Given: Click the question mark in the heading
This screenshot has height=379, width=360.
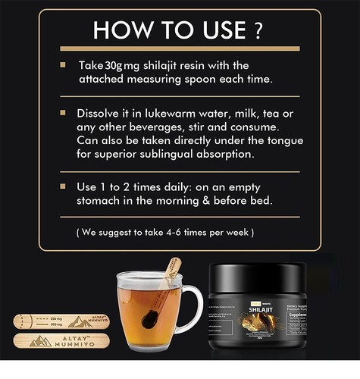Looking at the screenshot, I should (258, 30).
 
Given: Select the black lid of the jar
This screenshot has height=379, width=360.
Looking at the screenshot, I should (261, 271).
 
